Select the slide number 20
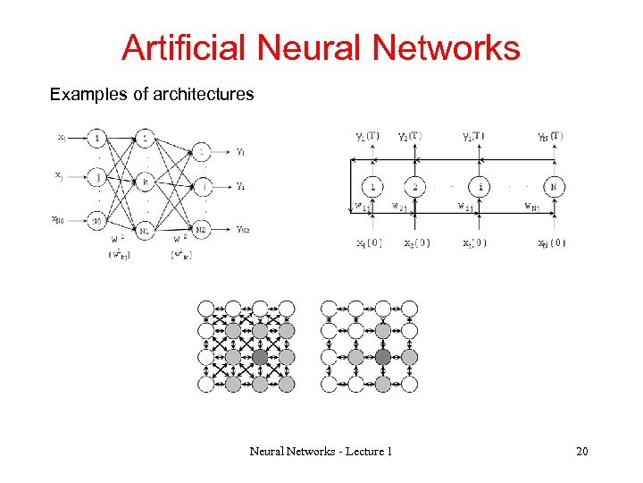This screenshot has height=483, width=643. click(x=581, y=452)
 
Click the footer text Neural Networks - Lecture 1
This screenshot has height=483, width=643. click(x=321, y=452)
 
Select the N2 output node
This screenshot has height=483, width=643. click(x=203, y=229)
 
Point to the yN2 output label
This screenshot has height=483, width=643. click(x=243, y=229)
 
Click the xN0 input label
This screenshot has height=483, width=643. click(x=58, y=219)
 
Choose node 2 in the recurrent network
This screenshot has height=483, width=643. click(x=414, y=188)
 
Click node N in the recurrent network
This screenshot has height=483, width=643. click(x=555, y=188)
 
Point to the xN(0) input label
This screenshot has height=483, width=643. click(x=550, y=242)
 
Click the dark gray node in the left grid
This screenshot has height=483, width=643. click(x=259, y=357)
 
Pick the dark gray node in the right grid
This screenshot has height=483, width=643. click(x=382, y=357)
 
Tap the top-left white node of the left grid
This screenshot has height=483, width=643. click(x=206, y=309)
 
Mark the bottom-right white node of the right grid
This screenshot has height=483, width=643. click(x=409, y=384)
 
